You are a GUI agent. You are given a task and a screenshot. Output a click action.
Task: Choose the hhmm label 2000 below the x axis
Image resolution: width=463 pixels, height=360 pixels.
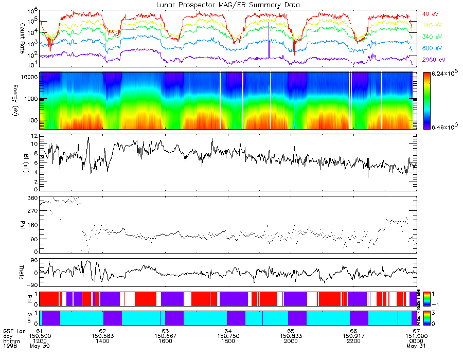291,341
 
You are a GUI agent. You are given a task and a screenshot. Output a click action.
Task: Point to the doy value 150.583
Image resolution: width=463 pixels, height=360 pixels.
103,336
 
